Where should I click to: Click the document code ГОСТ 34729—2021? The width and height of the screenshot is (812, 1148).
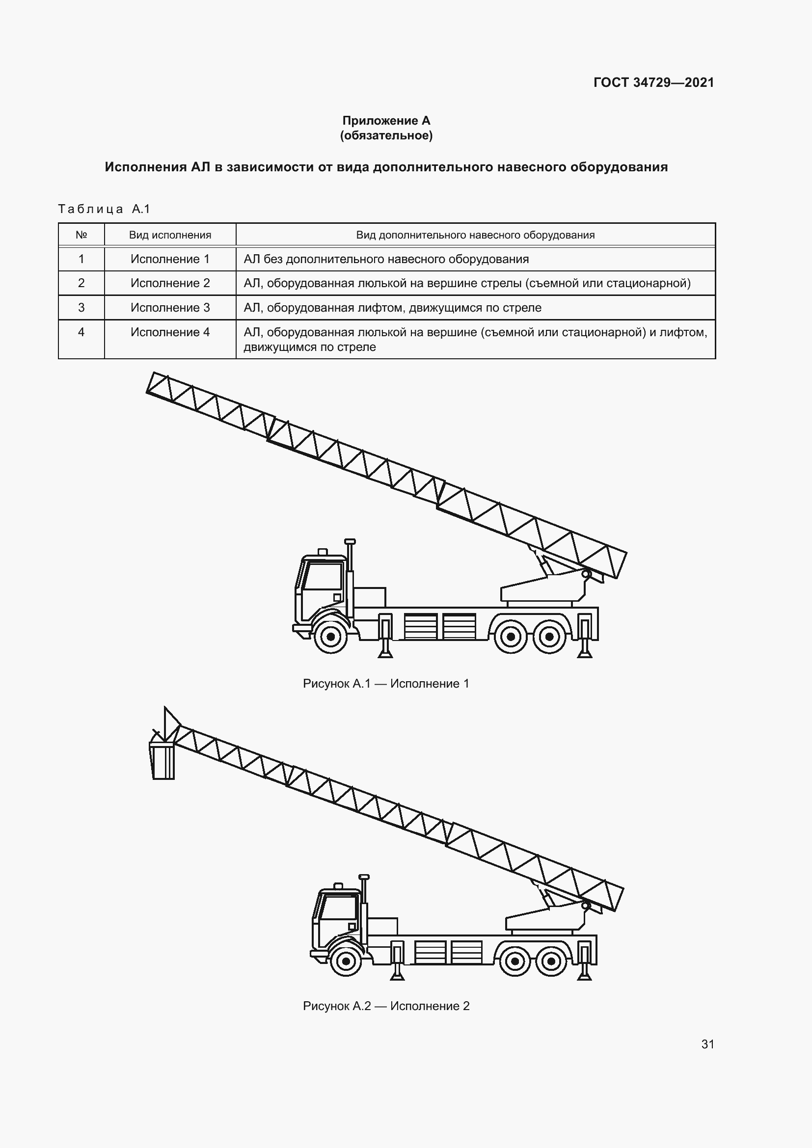pyautogui.click(x=653, y=82)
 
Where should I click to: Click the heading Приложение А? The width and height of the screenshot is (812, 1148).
pyautogui.click(x=386, y=121)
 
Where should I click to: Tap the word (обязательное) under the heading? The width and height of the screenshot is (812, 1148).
pyautogui.click(x=386, y=135)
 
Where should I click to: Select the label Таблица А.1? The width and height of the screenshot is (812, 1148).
pyautogui.click(x=104, y=209)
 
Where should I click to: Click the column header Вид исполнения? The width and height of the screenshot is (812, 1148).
pyautogui.click(x=170, y=235)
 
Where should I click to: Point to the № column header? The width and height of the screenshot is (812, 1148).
pyautogui.click(x=81, y=235)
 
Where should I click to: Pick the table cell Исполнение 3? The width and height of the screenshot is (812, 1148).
pyautogui.click(x=170, y=308)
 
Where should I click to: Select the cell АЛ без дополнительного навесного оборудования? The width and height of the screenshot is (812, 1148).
pyautogui.click(x=386, y=259)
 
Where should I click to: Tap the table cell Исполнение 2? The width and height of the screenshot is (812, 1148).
pyautogui.click(x=170, y=283)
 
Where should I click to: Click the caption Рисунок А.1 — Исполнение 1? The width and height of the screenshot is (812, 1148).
pyautogui.click(x=386, y=684)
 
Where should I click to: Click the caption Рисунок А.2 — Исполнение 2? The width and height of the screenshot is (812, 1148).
pyautogui.click(x=386, y=1006)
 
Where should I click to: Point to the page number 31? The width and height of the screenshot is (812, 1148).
pyautogui.click(x=707, y=1044)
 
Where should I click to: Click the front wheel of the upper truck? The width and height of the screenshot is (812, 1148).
pyautogui.click(x=330, y=637)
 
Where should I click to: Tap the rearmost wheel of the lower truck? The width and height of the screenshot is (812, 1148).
pyautogui.click(x=550, y=961)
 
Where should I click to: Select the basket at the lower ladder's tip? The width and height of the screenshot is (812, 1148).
pyautogui.click(x=162, y=760)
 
